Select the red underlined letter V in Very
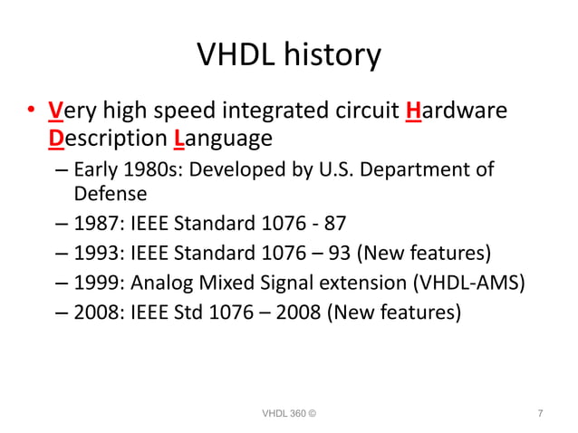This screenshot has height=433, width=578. click(x=55, y=112)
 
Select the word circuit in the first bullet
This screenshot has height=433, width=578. click(x=366, y=112)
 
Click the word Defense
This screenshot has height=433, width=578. click(x=111, y=193)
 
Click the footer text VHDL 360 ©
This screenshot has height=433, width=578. click(x=289, y=414)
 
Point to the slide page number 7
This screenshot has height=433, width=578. click(x=540, y=414)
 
